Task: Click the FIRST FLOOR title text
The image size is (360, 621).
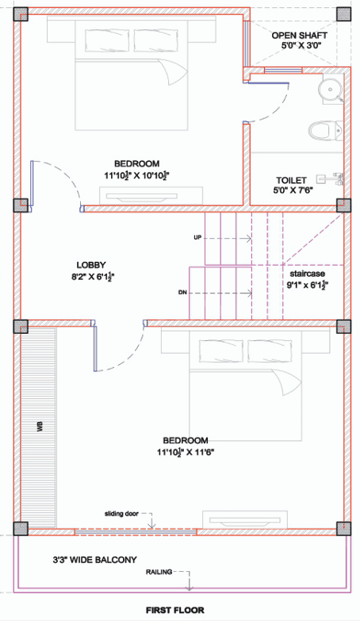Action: (x=174, y=611)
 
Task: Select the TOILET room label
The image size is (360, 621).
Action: (x=292, y=180)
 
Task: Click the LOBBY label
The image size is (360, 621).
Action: (x=91, y=265)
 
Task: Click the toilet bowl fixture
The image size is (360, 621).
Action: (x=323, y=128)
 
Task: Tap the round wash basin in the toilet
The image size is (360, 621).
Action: (x=328, y=89)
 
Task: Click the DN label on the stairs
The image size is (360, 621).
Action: (x=182, y=293)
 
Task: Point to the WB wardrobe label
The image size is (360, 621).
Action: (x=38, y=427)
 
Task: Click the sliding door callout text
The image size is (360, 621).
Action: (x=121, y=514)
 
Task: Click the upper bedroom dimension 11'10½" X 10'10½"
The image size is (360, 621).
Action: (x=136, y=174)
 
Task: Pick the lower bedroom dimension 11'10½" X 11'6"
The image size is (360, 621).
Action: (x=186, y=452)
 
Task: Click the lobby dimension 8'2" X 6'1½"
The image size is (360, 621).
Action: (x=91, y=277)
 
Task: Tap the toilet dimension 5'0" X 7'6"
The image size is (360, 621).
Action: (x=293, y=191)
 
